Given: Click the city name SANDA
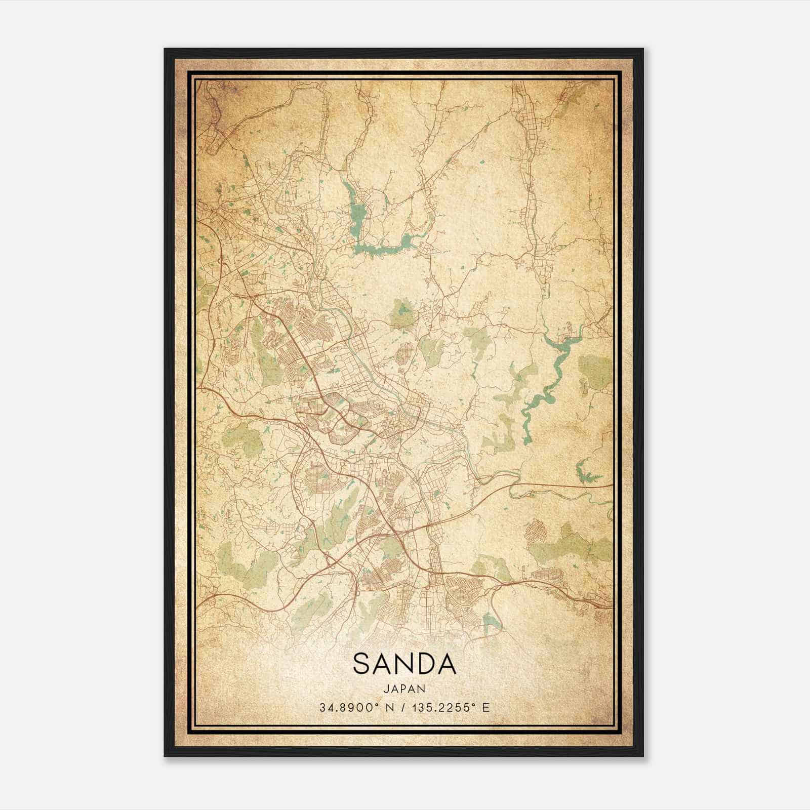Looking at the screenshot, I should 404,664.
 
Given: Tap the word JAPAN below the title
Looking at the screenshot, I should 404,688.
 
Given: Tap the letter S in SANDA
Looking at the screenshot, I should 361,664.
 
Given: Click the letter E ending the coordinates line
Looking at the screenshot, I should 486,707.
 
